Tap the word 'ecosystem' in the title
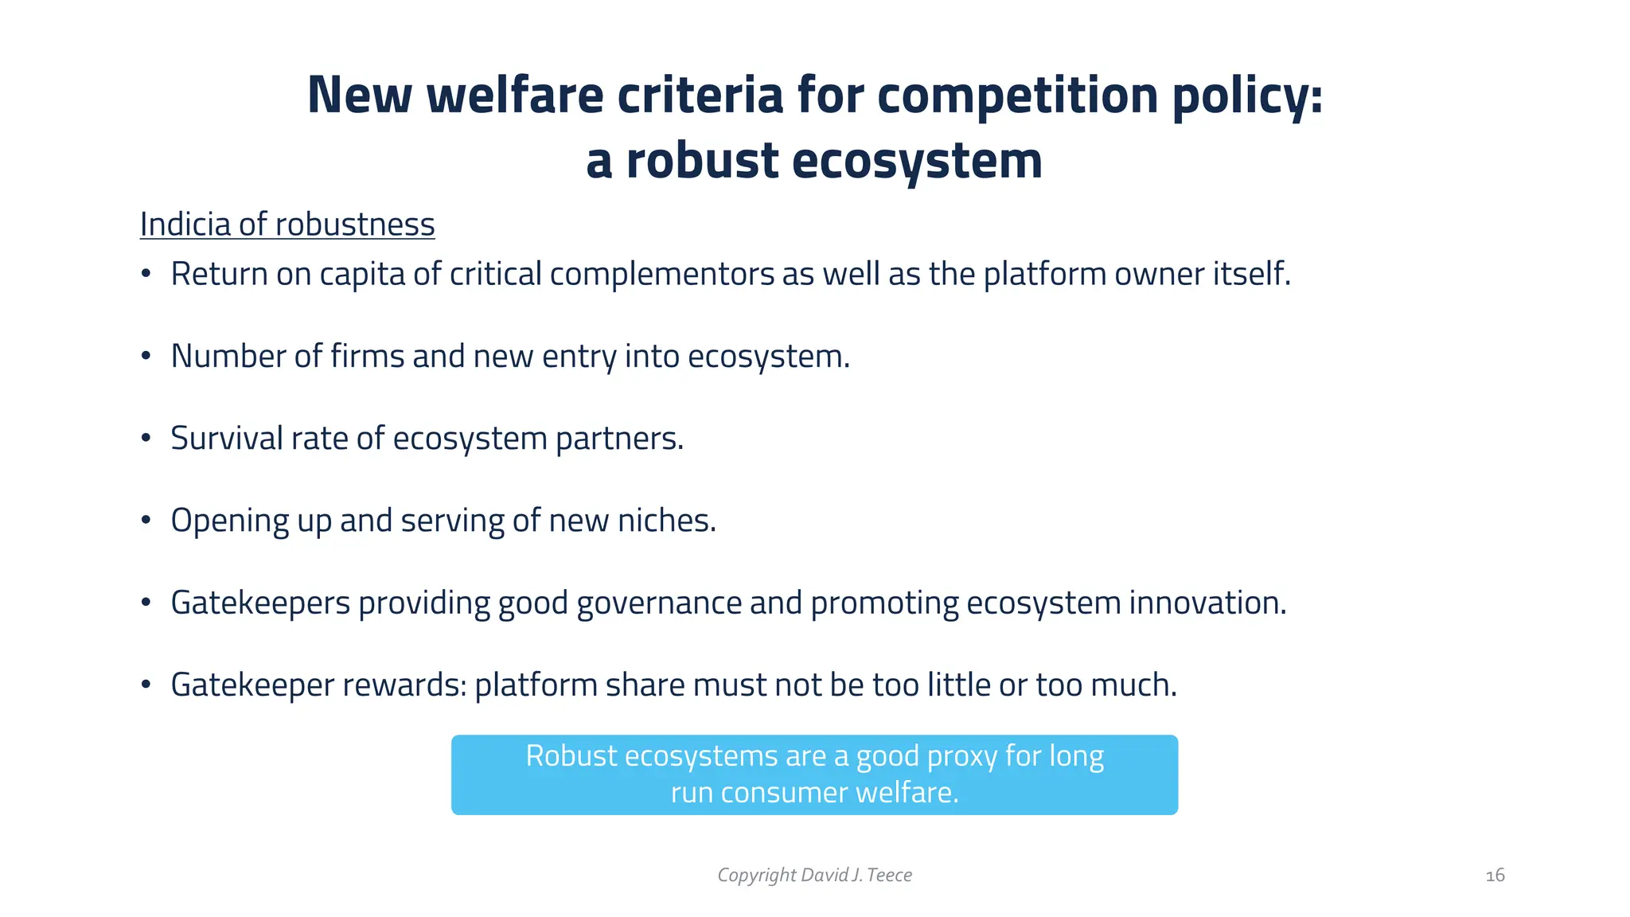pyautogui.click(x=917, y=162)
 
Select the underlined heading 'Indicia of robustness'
pyautogui.click(x=287, y=224)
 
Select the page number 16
pyautogui.click(x=1495, y=876)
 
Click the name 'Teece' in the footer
pyautogui.click(x=889, y=876)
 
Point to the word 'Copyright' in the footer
pyautogui.click(x=756, y=876)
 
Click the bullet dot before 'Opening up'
pyautogui.click(x=146, y=521)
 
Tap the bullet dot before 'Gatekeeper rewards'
pyautogui.click(x=146, y=685)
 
